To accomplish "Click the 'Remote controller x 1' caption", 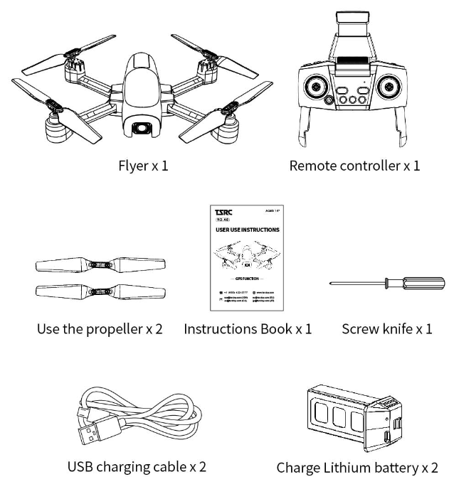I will (x=354, y=168).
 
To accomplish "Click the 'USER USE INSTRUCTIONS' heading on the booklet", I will (x=247, y=230).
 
